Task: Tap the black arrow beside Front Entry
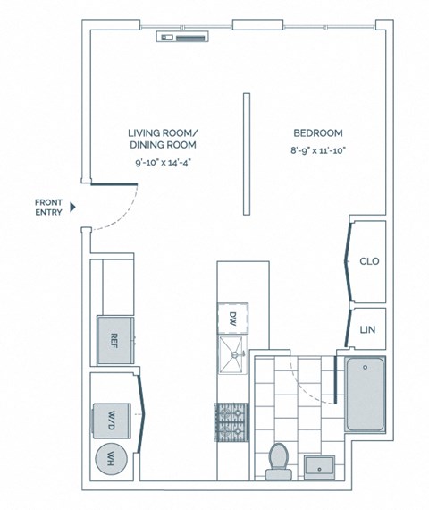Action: coord(74,207)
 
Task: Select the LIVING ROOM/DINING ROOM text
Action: coord(162,138)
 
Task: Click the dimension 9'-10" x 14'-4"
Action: coord(162,164)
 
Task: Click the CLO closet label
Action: coord(369,261)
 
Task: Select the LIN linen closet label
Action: coord(367,329)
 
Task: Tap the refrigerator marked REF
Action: coord(115,339)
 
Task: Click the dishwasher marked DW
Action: coord(231,319)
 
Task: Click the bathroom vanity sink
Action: coord(320,465)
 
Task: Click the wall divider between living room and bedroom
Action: coord(245,153)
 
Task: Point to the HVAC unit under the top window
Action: coord(183,38)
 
